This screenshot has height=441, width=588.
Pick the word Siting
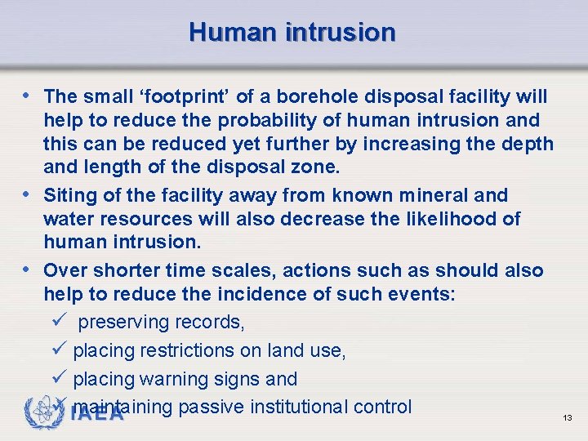[x=69, y=195]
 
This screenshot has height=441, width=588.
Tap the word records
[x=214, y=323]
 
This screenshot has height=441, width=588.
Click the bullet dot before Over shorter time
[x=30, y=270]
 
